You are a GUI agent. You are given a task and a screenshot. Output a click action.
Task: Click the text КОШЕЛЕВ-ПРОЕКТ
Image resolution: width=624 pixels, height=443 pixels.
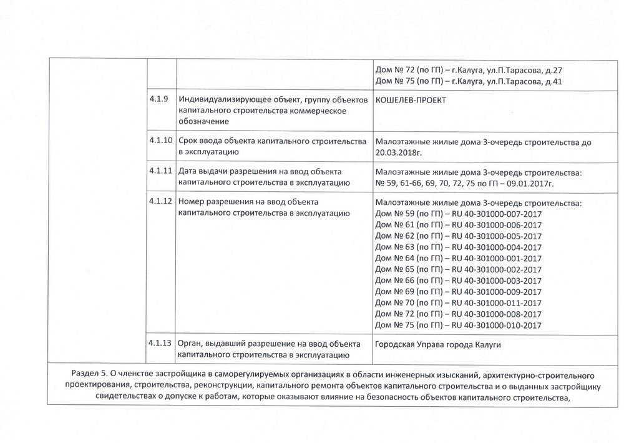pyautogui.click(x=411, y=102)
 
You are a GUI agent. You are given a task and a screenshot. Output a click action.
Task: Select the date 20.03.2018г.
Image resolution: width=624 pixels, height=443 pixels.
pyautogui.click(x=400, y=153)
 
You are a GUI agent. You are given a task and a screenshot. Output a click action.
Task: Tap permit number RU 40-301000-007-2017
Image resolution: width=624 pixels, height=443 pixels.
pyautogui.click(x=497, y=215)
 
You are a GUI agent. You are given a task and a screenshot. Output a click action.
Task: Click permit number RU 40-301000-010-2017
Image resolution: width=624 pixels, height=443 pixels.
pyautogui.click(x=497, y=325)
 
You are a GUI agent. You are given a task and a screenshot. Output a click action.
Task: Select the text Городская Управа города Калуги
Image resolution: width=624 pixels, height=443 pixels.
pyautogui.click(x=438, y=345)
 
